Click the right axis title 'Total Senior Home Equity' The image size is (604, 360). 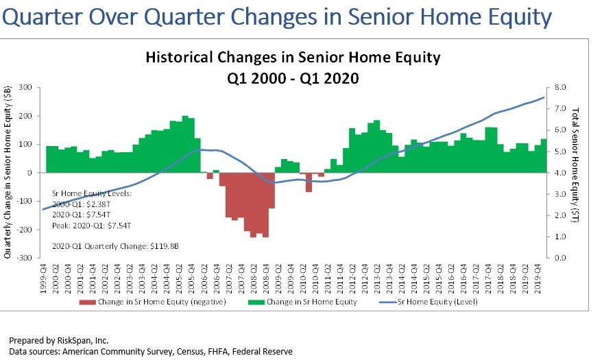point(577,171)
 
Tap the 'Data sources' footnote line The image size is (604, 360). point(150,351)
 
